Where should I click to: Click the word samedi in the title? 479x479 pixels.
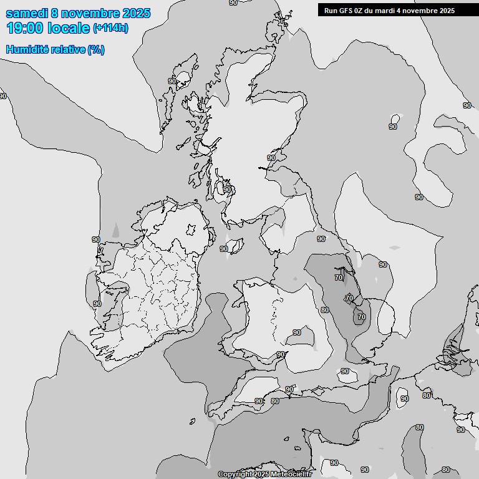pyautogui.click(x=29, y=13)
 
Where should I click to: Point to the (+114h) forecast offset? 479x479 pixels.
pyautogui.click(x=110, y=29)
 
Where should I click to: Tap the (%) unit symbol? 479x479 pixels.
pyautogui.click(x=96, y=49)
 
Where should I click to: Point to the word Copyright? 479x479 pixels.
pyautogui.click(x=235, y=475)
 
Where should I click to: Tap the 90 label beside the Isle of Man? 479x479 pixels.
pyautogui.click(x=224, y=249)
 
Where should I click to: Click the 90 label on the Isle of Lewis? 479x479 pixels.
pyautogui.click(x=172, y=81)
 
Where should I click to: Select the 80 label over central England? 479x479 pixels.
pyautogui.click(x=324, y=310)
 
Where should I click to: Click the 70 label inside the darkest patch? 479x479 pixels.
pyautogui.click(x=361, y=317)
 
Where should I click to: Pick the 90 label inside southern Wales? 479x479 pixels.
pyautogui.click(x=297, y=332)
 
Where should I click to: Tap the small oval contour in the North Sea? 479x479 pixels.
pyautogui.click(x=395, y=119)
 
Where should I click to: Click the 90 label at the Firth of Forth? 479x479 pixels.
pyautogui.click(x=271, y=158)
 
